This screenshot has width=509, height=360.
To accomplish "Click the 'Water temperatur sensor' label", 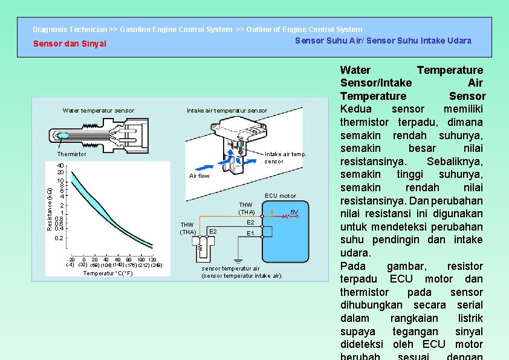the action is [99, 111].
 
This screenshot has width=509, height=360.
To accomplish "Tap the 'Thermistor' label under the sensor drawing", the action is [72, 154].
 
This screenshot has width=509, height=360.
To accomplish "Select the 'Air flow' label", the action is [199, 176].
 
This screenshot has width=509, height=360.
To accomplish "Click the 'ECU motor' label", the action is [280, 195].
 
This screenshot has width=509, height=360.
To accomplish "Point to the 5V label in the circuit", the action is [294, 212].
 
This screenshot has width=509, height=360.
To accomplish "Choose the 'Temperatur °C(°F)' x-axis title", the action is [108, 273].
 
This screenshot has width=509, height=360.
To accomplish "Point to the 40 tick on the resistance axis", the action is [60, 166].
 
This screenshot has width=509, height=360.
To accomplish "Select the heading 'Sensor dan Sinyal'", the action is [70, 44].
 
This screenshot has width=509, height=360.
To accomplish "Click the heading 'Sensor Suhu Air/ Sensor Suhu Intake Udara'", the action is [383, 41].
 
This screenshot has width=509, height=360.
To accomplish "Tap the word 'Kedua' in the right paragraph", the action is [357, 110].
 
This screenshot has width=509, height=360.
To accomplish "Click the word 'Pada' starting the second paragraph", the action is [353, 266].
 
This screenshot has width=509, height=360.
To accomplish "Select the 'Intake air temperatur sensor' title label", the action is [227, 111].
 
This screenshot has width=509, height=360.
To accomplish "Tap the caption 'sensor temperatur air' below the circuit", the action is [230, 268].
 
